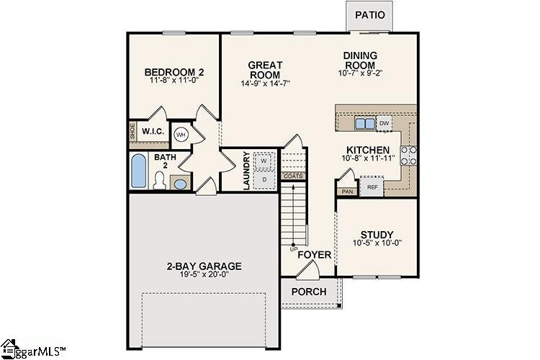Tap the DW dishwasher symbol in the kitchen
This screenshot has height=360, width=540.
tap(384, 123)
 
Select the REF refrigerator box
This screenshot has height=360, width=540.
tap(372, 187)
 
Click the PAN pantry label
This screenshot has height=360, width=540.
tap(347, 192)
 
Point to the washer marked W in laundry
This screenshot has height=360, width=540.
tap(264, 161)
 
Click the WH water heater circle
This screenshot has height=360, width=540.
tap(181, 135)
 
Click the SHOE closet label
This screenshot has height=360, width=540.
tap(132, 132)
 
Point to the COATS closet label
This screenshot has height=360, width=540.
tap(293, 176)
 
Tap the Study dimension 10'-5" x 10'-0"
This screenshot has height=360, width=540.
tap(376, 243)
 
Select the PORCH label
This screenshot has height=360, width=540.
tap(309, 292)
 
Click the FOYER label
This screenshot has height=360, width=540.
tap(315, 255)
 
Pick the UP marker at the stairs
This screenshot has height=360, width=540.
tap(293, 249)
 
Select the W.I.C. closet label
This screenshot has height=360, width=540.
tap(153, 132)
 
